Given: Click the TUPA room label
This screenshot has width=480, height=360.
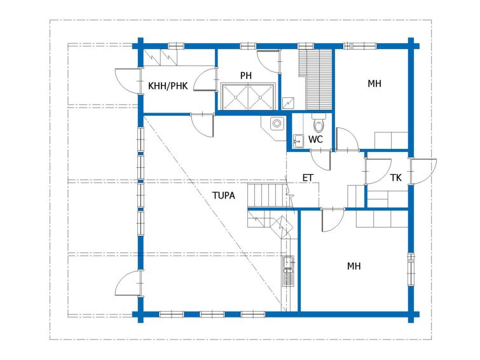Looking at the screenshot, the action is pyautogui.click(x=223, y=195).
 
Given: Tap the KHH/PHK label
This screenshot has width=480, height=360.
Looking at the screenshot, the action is pyautogui.click(x=168, y=86).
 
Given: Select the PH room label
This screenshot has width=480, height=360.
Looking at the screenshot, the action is pyautogui.click(x=246, y=75).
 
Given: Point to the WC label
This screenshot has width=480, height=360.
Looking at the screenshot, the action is pyautogui.click(x=315, y=139).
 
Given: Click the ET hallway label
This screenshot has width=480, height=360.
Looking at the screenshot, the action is pyautogui.click(x=308, y=177).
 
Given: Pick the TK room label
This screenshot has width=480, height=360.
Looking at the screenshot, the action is pyautogui.click(x=396, y=177).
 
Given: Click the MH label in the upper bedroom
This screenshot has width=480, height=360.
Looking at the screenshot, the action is pyautogui.click(x=374, y=83).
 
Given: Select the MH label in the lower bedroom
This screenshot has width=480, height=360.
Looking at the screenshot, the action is pyautogui.click(x=353, y=266).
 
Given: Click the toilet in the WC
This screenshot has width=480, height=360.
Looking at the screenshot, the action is pyautogui.click(x=319, y=123).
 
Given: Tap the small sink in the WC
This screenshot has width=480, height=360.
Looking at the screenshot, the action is pyautogui.click(x=298, y=141).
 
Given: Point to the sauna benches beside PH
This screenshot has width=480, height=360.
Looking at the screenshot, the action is pyautogui.click(x=315, y=79).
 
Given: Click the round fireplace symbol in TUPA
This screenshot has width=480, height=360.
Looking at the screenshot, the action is pyautogui.click(x=277, y=123).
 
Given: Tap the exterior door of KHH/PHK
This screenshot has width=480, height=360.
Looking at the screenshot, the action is pyautogui.click(x=127, y=80).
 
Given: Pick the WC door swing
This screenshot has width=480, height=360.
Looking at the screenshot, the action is pyautogui.click(x=320, y=160).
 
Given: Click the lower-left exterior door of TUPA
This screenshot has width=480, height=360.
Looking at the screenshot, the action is pyautogui.click(x=128, y=283).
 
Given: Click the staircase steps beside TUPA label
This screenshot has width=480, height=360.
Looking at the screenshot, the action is pyautogui.click(x=268, y=195).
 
